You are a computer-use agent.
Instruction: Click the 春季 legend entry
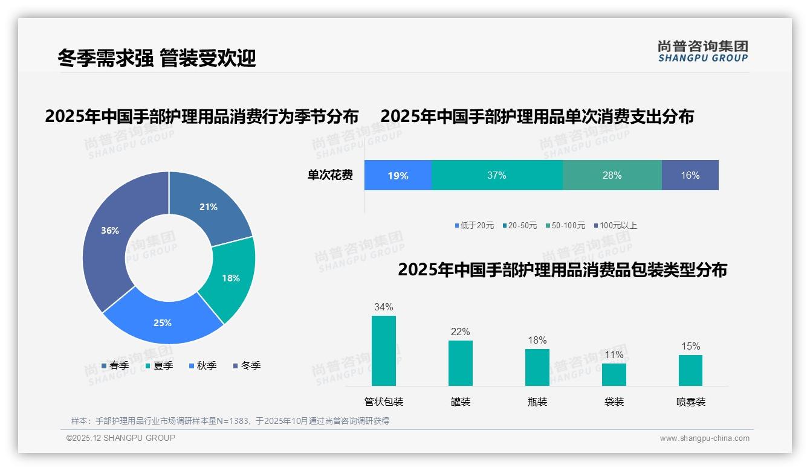coord(115,365)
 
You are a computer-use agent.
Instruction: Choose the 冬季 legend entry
coord(247,365)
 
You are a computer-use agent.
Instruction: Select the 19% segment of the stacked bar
coord(398,176)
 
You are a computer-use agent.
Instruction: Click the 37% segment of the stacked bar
coord(497,176)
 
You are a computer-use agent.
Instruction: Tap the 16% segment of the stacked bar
coord(690,176)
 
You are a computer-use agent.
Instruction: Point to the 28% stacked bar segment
coord(612,176)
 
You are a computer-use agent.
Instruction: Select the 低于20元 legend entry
coord(475,225)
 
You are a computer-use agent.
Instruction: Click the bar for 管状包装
coord(384,351)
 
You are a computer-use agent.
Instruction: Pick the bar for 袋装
coord(614,374)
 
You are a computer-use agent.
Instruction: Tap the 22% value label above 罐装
coord(460,332)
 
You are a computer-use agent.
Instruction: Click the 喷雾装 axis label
coord(691,402)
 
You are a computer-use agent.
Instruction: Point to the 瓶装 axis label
coord(537,402)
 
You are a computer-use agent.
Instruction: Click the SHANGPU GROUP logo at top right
coord(702,51)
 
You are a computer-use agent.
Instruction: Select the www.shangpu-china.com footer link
coord(704,438)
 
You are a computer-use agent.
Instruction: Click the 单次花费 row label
coord(330,176)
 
